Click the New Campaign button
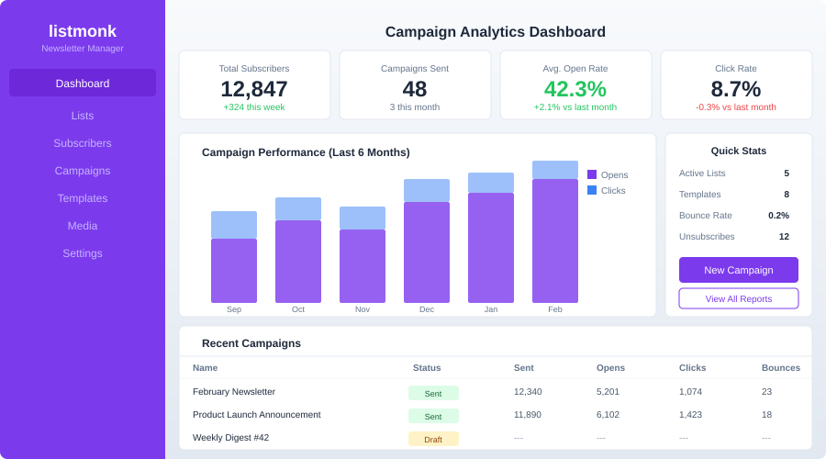point(738,270)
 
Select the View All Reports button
point(738,298)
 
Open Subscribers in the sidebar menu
point(83,143)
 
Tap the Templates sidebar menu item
point(83,198)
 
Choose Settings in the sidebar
point(83,253)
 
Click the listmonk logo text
point(83,30)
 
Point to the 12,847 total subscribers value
point(254,89)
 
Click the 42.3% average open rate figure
point(575,89)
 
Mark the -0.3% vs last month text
point(736,107)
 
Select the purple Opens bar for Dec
point(427,252)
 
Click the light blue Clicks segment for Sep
point(234,225)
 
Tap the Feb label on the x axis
point(555,309)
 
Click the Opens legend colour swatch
point(592,174)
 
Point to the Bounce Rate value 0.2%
point(778,216)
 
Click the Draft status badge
point(433,439)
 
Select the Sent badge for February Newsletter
point(433,393)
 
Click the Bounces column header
point(780,368)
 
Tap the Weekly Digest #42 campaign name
point(230,438)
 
